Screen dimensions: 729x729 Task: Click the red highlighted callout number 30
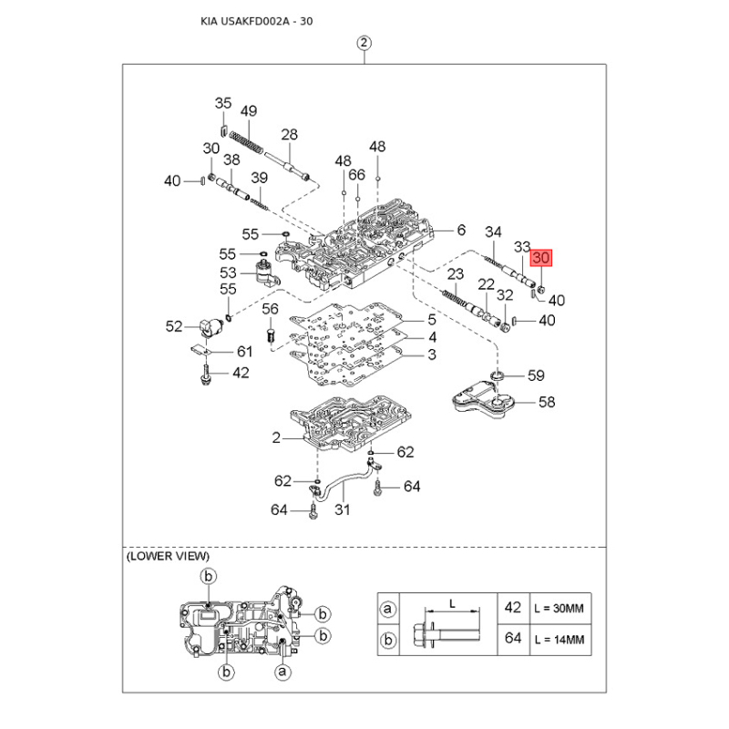pos(542,258)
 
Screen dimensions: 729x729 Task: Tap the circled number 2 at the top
pos(364,43)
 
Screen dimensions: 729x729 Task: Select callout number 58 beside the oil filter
pos(547,401)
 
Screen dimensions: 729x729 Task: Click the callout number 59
pos(537,375)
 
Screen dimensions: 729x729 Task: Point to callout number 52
pos(174,326)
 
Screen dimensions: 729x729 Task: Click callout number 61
pos(244,351)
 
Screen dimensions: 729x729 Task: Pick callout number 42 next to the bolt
pos(240,372)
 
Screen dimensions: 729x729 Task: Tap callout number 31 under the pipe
pos(342,508)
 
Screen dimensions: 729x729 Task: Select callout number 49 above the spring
pos(248,110)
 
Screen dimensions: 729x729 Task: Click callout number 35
pos(223,103)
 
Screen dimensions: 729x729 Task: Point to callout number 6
pos(461,230)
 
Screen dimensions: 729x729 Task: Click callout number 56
pos(270,309)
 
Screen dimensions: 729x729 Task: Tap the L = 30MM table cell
pos(558,607)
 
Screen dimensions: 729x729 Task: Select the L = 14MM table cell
pos(558,641)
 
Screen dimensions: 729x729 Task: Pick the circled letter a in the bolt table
pos(389,608)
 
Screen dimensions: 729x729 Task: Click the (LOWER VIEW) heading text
pos(168,555)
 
